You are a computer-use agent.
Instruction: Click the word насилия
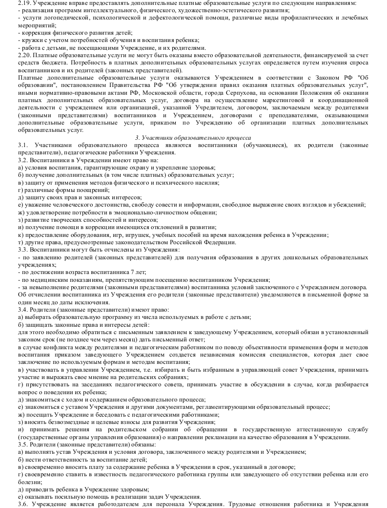coord(204,183)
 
